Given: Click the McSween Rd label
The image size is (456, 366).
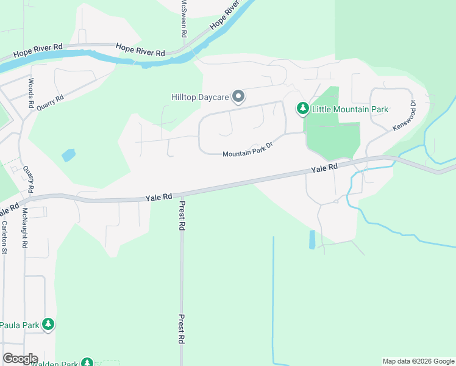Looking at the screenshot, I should [183, 18].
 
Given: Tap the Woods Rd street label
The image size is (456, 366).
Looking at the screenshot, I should [30, 93].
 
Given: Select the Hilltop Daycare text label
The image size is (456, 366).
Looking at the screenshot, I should [200, 97].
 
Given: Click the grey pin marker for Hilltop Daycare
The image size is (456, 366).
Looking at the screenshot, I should [238, 97].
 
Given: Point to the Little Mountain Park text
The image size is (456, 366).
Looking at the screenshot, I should [350, 110].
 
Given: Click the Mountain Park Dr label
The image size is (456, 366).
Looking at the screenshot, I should [246, 154].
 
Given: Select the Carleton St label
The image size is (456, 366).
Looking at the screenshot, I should [4, 237].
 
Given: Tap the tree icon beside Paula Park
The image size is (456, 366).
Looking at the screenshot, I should [48, 325].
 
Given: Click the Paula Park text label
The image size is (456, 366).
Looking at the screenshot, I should [20, 325].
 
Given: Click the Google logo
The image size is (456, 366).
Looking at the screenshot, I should [20, 359].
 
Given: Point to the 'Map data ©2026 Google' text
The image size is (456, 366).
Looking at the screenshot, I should [418, 361].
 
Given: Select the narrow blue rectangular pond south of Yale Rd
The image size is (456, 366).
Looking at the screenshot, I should [312, 239].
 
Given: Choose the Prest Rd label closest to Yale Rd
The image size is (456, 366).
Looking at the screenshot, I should [182, 217].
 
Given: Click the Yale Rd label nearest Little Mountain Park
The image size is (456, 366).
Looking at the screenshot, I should [324, 168].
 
